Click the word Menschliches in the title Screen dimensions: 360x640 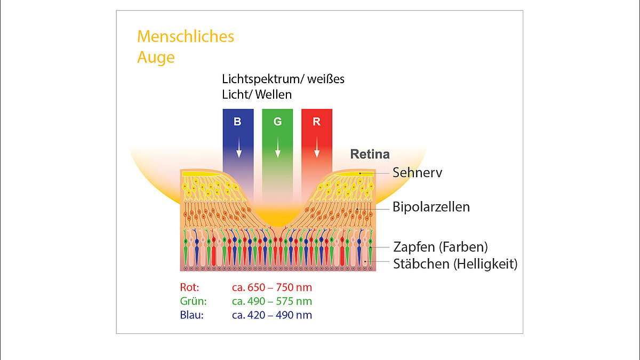point(186,37)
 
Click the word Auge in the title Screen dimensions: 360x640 point(156,57)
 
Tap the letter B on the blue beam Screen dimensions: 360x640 point(237,122)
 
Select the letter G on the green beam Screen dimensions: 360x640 point(277,122)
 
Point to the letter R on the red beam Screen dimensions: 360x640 point(317,122)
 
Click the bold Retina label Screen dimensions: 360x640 point(370,155)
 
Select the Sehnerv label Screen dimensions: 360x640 point(418,173)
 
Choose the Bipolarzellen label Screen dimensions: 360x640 point(431,207)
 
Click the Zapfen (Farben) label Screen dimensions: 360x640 point(441,247)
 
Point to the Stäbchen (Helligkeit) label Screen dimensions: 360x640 point(455,264)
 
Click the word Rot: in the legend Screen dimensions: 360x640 point(190,288)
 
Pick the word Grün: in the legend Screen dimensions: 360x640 point(193,301)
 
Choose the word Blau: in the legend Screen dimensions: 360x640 point(192,315)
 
